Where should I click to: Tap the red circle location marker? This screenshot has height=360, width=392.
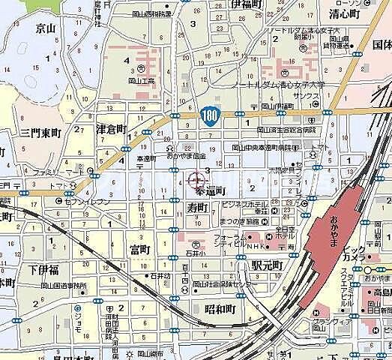(196, 180)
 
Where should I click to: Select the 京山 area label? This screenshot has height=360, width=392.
(46, 28)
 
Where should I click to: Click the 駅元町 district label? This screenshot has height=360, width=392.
(266, 265)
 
